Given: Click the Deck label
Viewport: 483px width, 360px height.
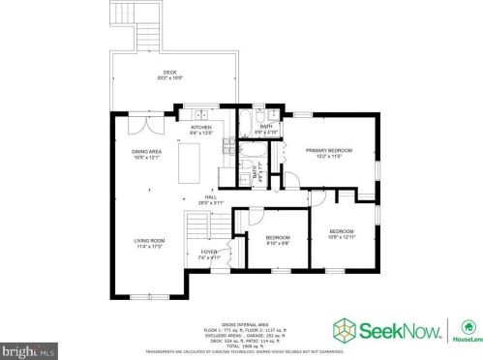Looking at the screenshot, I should [x=169, y=73].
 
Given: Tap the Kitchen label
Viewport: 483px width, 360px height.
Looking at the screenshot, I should [x=200, y=127].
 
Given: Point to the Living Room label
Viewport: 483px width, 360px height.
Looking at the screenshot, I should [x=149, y=240].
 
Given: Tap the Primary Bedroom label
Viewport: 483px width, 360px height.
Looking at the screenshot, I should [x=328, y=150].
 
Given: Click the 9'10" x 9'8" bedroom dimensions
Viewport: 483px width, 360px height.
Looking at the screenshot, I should [x=278, y=243].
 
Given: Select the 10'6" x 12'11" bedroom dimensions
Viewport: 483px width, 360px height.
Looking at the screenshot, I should [x=341, y=236].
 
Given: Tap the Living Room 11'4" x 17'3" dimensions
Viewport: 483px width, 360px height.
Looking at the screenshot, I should [x=149, y=246].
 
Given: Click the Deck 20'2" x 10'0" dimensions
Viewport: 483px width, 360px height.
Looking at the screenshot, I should [x=169, y=78].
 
